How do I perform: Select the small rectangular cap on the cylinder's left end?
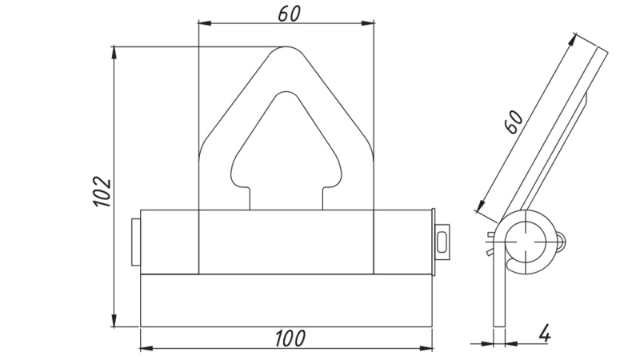coord(135,240)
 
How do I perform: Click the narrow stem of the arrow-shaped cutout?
coord(286,196)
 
